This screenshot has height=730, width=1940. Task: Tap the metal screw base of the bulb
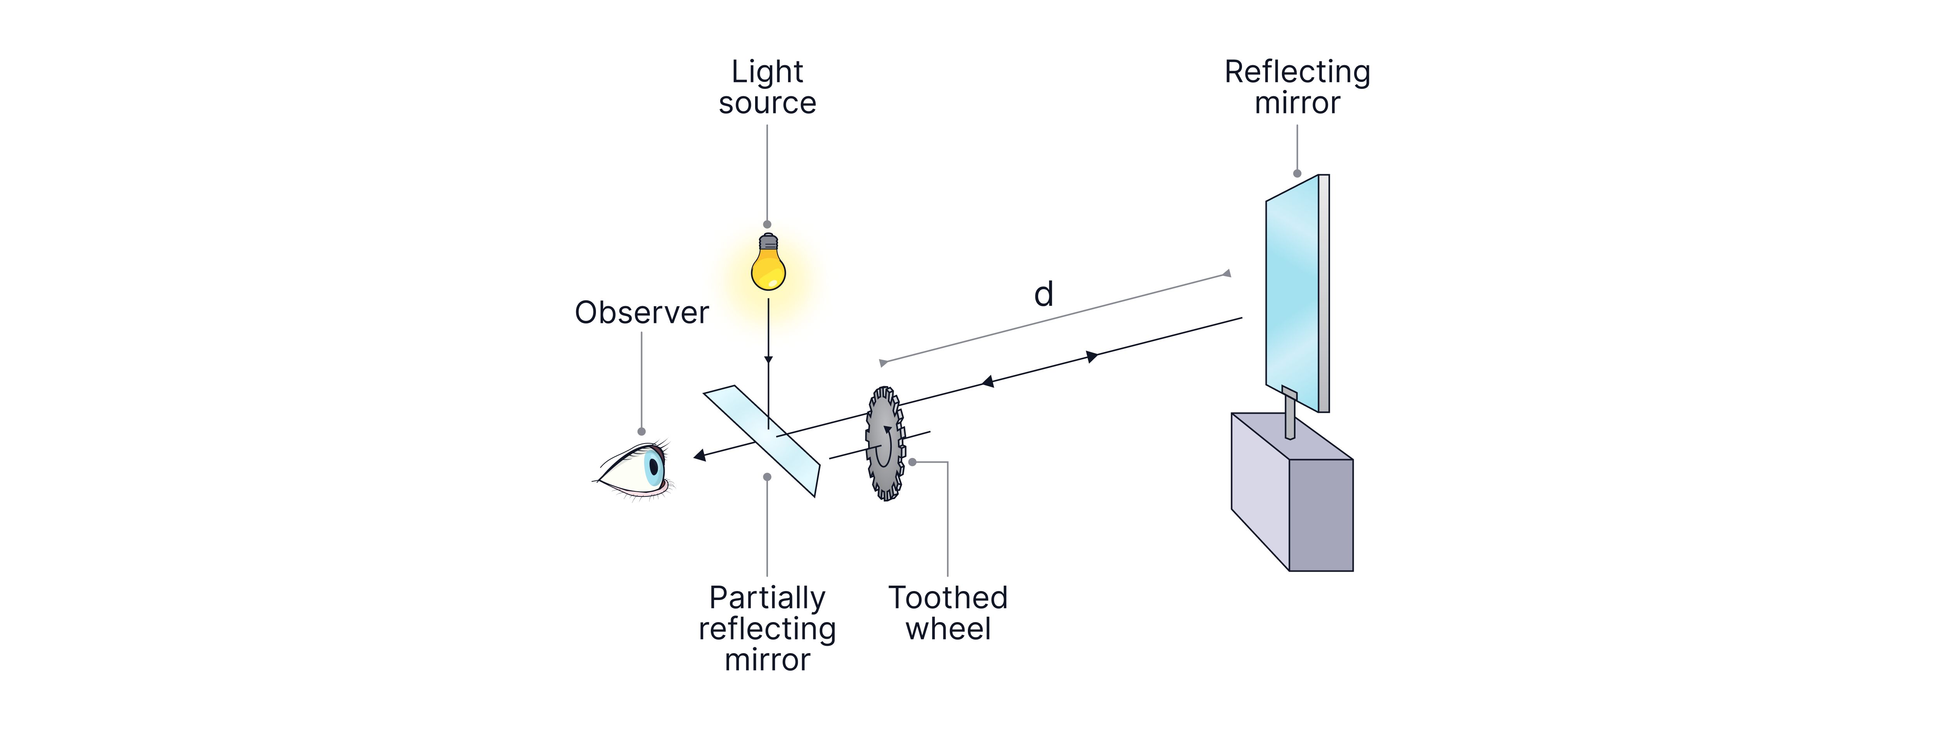[x=768, y=242]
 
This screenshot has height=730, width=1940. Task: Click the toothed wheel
[x=885, y=444]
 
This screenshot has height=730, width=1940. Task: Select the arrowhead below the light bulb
[x=768, y=360]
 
